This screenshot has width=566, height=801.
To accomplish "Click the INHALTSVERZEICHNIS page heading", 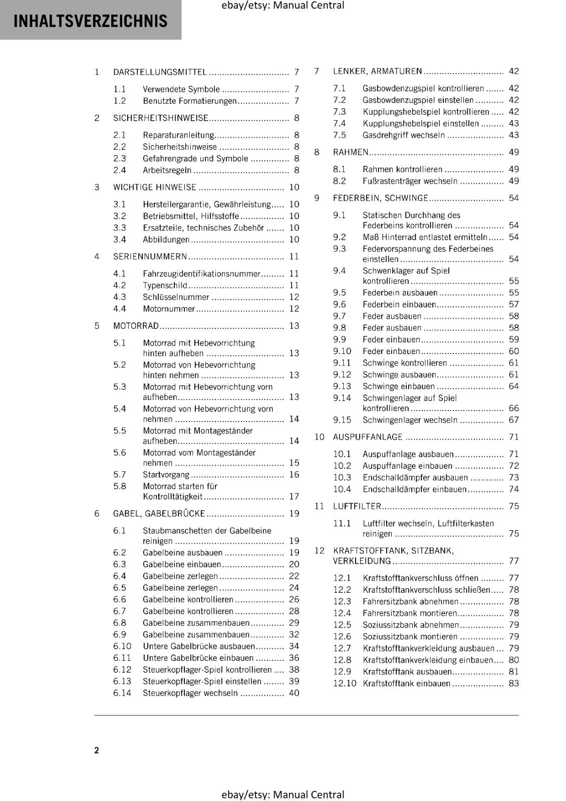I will coord(90,21).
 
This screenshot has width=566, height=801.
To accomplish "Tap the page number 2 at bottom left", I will coord(97,750).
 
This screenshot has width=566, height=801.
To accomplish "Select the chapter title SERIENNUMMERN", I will coord(150,256).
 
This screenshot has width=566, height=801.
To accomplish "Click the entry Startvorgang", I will coord(166,475).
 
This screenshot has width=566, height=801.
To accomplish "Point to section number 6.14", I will coord(122,693).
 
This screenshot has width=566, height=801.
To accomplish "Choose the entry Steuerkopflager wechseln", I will coord(190,693).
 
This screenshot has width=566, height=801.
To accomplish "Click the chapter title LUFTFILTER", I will coord(357,506).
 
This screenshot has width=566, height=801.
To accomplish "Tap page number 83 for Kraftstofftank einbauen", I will coord(513,683).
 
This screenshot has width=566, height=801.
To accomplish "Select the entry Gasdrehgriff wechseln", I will coord(403,135).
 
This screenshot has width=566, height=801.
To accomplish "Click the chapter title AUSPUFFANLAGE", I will coord(368,437).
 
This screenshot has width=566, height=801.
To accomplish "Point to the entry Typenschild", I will coord(165,285).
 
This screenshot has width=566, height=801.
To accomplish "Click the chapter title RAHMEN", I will coord(351,152).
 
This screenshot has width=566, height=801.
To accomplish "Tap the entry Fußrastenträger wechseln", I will coord(410,181).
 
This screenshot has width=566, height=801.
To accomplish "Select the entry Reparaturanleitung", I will coord(178,135).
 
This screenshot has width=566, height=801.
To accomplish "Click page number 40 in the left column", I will coord(294,693).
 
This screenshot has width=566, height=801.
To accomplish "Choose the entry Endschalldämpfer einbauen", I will coord(414,489).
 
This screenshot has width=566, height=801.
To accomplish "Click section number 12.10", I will coord(344,683).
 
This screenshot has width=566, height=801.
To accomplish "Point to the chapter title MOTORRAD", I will coord(136,326).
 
